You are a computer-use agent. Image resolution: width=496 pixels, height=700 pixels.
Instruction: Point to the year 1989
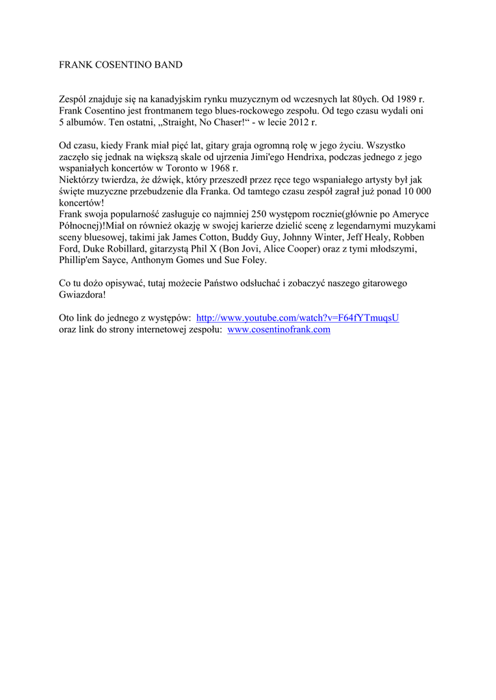(404, 99)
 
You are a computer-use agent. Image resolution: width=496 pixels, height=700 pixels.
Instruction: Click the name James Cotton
(192, 237)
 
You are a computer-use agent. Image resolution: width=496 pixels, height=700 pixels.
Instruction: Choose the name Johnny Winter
(310, 237)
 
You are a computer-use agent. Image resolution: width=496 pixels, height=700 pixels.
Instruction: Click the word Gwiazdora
(82, 295)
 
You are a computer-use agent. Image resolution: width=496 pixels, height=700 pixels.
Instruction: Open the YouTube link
(297, 318)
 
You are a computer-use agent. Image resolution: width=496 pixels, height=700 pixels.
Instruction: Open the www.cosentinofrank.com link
(278, 329)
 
